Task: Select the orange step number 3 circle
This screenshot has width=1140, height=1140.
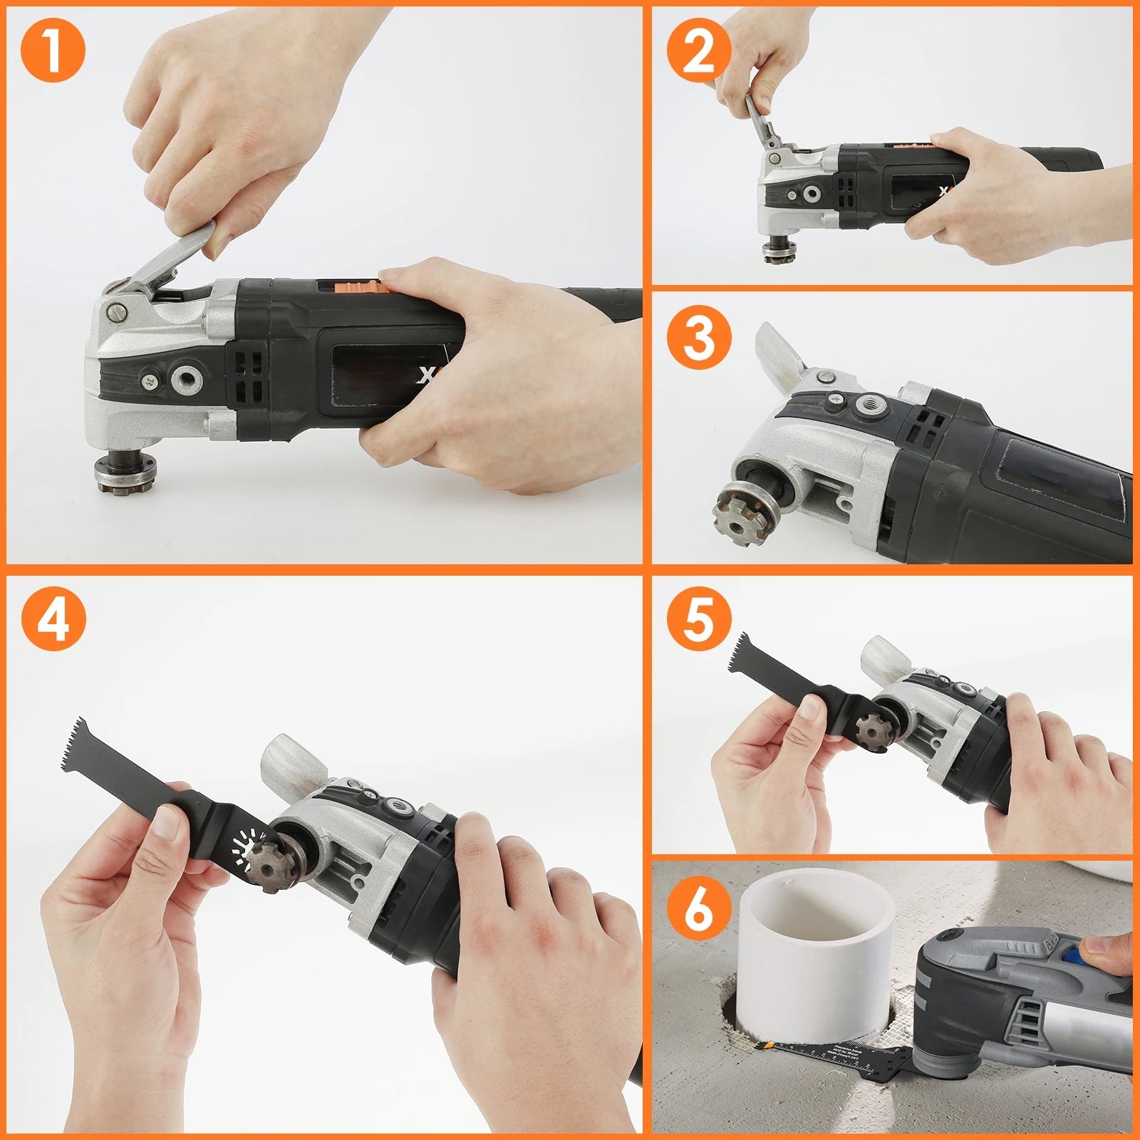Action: [698, 337]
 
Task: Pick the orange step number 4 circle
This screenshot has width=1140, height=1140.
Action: [52, 620]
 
